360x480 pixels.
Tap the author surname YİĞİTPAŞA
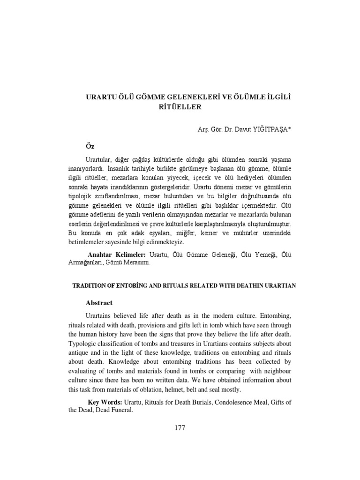pyautogui.click(x=260, y=128)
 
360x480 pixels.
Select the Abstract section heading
pyautogui.click(x=99, y=303)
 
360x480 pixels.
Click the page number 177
pyautogui.click(x=180, y=427)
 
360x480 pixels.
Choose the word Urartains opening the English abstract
pyautogui.click(x=101, y=315)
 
